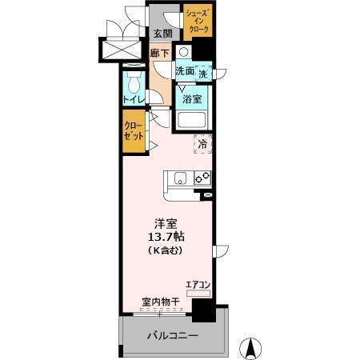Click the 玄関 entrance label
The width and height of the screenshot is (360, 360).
click(x=163, y=34)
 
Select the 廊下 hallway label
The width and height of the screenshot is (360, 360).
click(x=160, y=54)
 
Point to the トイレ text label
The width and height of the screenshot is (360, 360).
click(x=133, y=99)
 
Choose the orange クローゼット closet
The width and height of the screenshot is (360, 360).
click(x=133, y=132)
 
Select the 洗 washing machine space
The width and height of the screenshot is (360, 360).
click(x=203, y=74)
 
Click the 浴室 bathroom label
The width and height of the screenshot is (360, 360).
click(x=191, y=100)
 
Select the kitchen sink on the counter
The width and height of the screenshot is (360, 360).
click(x=178, y=177)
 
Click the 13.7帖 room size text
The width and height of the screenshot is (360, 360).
click(x=166, y=237)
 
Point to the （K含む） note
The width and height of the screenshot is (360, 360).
click(x=166, y=251)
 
